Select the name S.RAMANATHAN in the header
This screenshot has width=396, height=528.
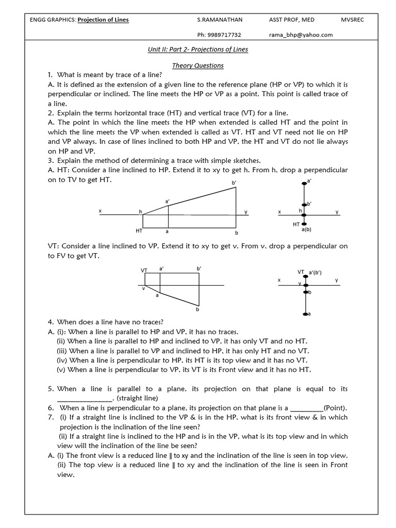tap(220, 20)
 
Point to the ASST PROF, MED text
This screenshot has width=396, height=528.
tap(292, 20)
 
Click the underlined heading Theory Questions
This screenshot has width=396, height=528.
tap(198, 65)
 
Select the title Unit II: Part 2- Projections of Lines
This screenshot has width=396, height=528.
tap(198, 50)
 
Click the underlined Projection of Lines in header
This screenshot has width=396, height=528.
tap(103, 20)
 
